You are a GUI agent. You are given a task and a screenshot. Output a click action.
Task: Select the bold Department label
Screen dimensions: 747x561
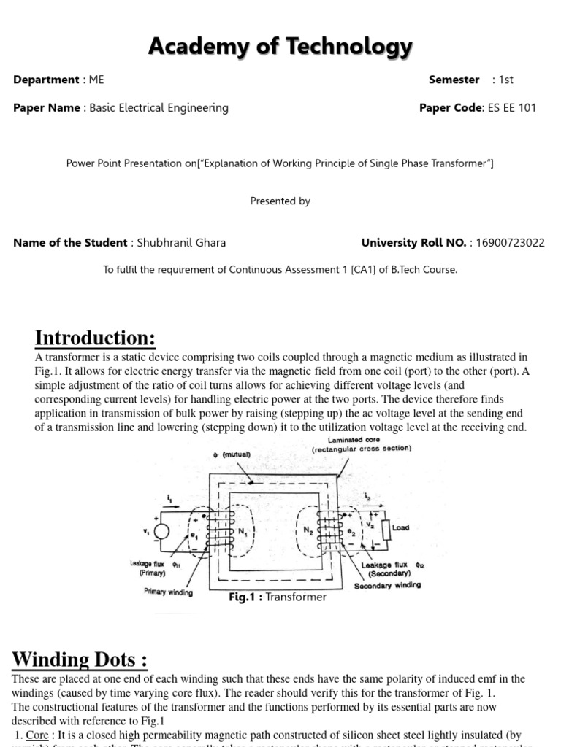point(45,80)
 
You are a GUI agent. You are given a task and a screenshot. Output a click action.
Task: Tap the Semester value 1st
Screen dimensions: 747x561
point(506,80)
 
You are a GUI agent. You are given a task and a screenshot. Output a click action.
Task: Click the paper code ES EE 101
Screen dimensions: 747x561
point(511,107)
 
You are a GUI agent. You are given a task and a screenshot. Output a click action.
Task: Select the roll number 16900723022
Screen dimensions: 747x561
point(510,243)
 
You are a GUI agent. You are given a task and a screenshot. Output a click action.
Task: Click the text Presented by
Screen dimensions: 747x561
point(280,201)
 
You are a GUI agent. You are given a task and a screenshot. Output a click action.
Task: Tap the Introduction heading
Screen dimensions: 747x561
point(95,338)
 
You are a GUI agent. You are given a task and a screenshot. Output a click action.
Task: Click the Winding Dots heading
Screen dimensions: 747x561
point(80,659)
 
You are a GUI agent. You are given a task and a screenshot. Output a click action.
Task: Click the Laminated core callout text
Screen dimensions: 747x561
point(354,445)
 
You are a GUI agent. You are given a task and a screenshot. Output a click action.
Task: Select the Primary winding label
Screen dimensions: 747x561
point(169,592)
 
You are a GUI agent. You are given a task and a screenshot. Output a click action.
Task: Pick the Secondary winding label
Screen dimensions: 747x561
point(387,585)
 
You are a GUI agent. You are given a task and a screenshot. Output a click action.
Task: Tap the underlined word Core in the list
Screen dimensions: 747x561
point(37,735)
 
